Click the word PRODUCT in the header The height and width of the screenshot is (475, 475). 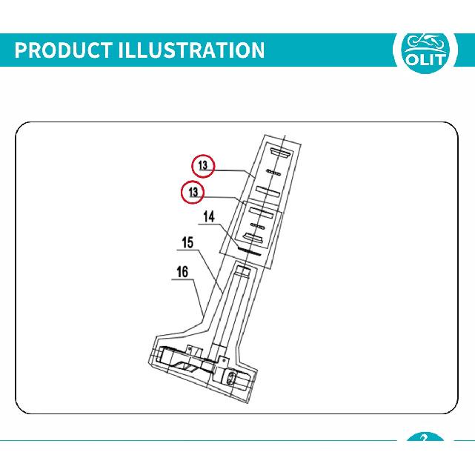[63, 50]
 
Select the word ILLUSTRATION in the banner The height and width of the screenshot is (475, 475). [191, 50]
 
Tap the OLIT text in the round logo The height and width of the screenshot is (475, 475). [425, 60]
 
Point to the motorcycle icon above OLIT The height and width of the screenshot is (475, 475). [425, 42]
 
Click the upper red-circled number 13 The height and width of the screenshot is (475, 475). [203, 166]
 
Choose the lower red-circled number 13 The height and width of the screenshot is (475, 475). [193, 192]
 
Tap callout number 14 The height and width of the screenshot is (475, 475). [209, 217]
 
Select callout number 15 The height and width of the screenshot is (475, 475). [187, 242]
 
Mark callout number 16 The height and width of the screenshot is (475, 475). [182, 272]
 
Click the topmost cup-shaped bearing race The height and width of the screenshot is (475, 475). [281, 153]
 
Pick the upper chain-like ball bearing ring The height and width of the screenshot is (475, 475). [273, 173]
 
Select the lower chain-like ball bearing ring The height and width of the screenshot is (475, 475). [257, 226]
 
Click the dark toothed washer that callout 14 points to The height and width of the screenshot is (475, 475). [249, 250]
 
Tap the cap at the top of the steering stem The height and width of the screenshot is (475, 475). [242, 270]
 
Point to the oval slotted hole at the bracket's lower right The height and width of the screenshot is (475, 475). [231, 379]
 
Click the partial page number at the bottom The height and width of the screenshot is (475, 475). [424, 437]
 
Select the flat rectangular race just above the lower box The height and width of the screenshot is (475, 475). [268, 191]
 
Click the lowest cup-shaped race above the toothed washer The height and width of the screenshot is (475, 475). [253, 238]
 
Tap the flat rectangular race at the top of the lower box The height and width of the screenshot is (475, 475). [261, 212]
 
